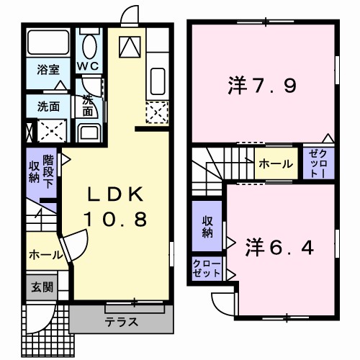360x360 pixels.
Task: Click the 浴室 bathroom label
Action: [x=49, y=71]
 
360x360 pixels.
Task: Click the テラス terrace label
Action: [x=122, y=321]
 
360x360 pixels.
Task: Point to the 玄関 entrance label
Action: [x=40, y=287]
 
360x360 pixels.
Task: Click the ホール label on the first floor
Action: [x=44, y=255]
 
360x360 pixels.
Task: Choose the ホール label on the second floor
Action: [x=275, y=164]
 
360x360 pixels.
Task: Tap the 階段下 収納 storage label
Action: [x=42, y=171]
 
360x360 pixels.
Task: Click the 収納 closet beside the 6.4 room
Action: [x=207, y=227]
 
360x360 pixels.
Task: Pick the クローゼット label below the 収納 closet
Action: [x=207, y=269]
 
